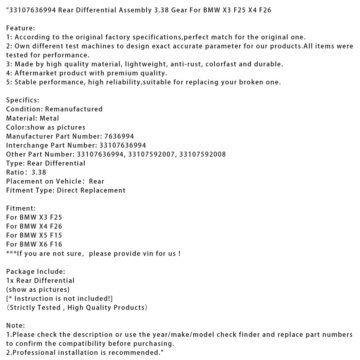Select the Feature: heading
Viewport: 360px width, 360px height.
coord(20,28)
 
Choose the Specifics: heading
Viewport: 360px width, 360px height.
coord(23,100)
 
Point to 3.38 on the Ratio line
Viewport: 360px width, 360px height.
coord(39,172)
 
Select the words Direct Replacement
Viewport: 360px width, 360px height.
coord(91,190)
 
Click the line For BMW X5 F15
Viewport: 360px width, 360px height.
coord(34,235)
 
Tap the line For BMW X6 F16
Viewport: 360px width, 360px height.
coord(34,244)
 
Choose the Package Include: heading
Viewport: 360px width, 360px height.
coord(36,271)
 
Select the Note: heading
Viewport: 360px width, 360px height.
coord(15,325)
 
